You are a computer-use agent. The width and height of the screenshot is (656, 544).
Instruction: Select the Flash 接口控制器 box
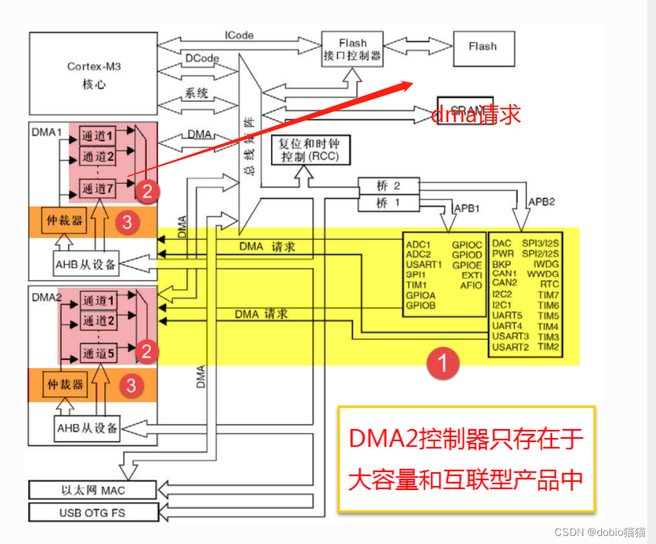click(x=352, y=50)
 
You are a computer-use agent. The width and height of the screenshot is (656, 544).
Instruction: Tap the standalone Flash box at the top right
click(x=482, y=47)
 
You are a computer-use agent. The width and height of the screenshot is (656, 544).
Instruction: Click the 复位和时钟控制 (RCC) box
click(x=311, y=150)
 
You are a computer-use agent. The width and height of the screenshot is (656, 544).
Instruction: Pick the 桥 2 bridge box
click(x=388, y=186)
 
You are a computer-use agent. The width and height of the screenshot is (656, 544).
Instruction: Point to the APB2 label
click(x=540, y=201)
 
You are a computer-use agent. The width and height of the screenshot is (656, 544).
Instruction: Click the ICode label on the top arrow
click(x=239, y=35)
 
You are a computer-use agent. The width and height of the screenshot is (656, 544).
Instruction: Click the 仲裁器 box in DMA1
click(x=65, y=221)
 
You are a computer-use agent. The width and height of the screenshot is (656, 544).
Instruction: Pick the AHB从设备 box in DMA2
click(x=87, y=427)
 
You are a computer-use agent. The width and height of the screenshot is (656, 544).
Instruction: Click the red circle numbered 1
click(x=443, y=363)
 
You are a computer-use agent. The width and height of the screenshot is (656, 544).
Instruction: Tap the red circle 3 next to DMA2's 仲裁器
click(x=131, y=385)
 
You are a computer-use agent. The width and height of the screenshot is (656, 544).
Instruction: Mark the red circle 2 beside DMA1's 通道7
click(x=147, y=192)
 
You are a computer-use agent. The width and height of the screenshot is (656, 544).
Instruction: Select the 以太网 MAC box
click(x=92, y=490)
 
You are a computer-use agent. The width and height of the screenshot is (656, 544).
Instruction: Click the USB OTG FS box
click(x=92, y=512)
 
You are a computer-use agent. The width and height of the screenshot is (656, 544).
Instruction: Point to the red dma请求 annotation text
click(x=476, y=114)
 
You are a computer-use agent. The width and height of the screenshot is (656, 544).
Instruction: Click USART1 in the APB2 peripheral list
click(x=424, y=264)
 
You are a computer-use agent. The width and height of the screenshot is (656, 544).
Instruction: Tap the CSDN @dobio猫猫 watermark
click(x=600, y=532)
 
